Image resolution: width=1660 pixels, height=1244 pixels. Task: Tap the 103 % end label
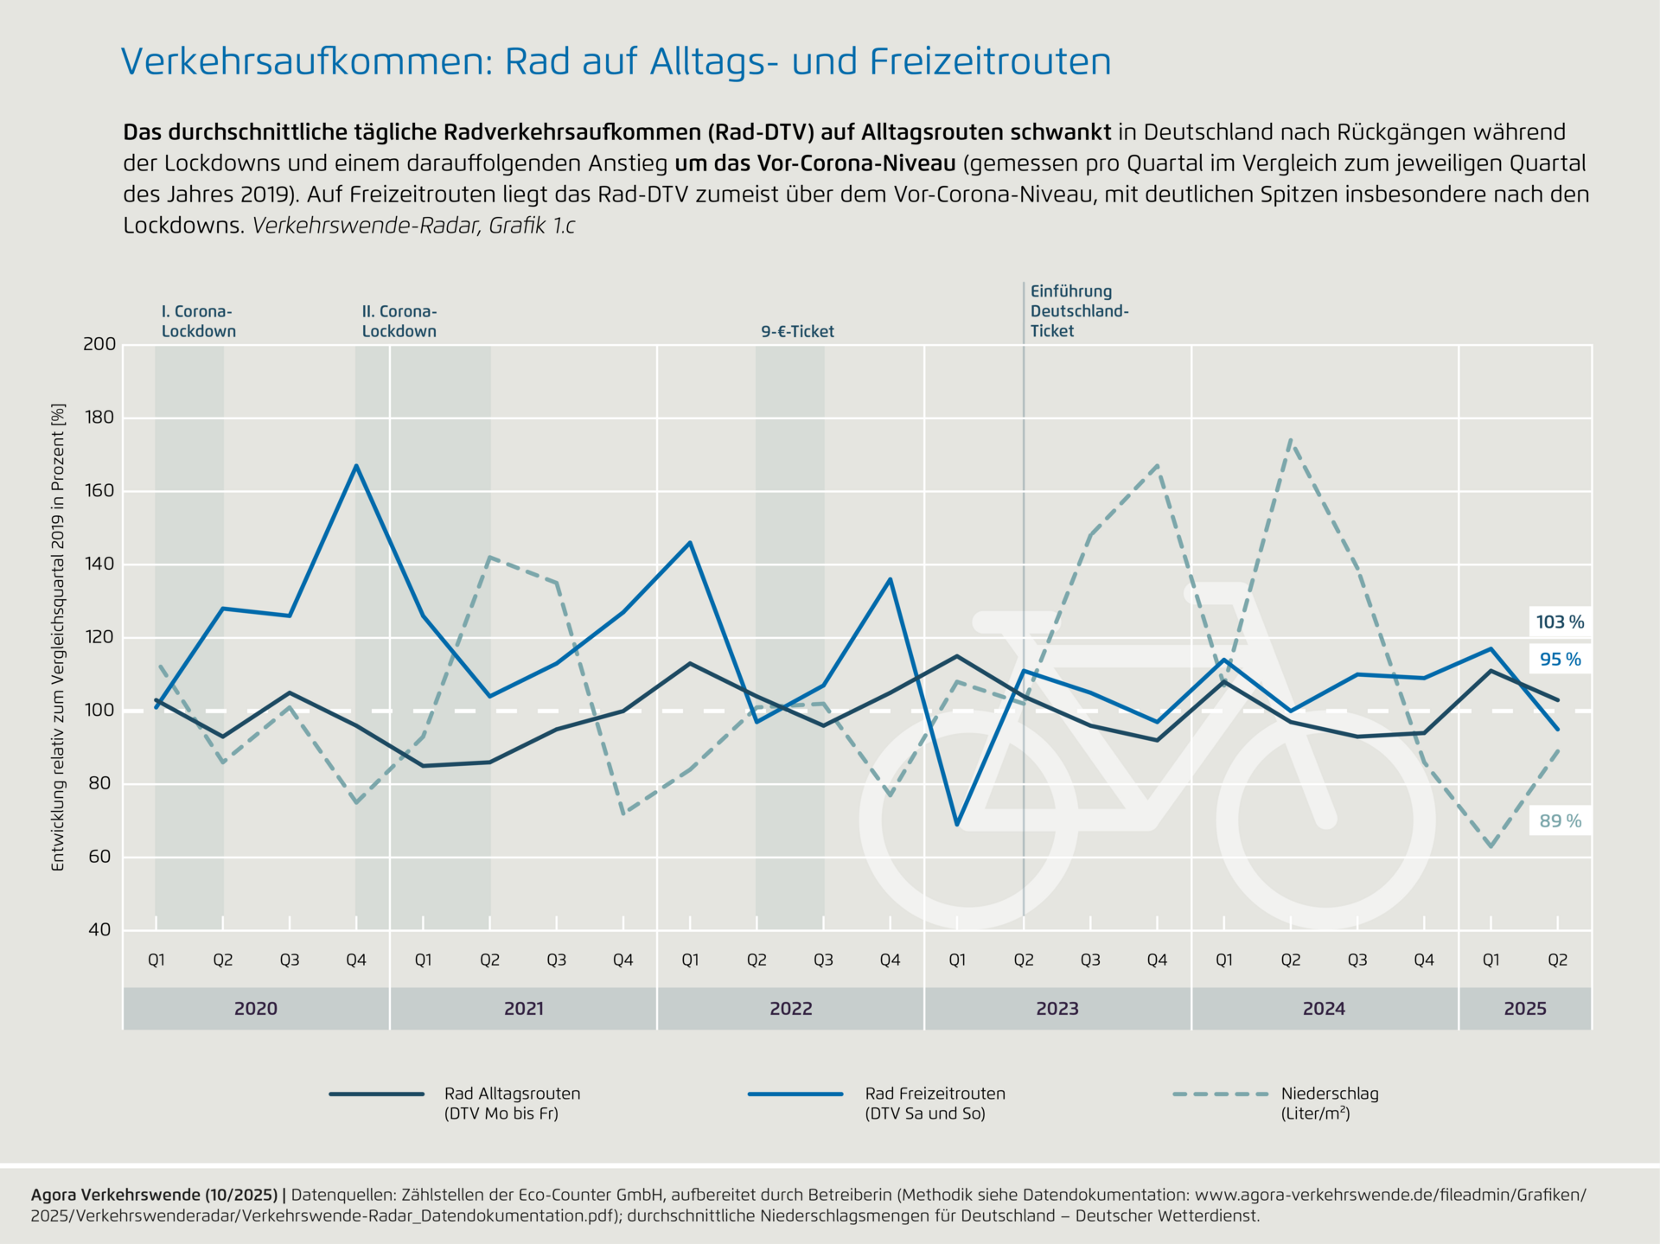pyautogui.click(x=1560, y=622)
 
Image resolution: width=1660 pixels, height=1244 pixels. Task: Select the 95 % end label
pyautogui.click(x=1560, y=660)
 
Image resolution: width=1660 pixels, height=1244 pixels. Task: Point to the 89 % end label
pyautogui.click(x=1560, y=821)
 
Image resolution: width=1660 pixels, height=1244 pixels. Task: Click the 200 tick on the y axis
pyautogui.click(x=99, y=344)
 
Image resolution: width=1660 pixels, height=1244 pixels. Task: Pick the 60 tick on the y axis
pyautogui.click(x=99, y=857)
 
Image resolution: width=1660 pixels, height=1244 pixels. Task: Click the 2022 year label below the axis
pyautogui.click(x=790, y=1009)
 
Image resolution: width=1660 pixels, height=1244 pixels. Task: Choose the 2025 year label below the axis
pyautogui.click(x=1525, y=1009)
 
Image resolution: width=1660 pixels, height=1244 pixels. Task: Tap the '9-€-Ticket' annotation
pyautogui.click(x=797, y=332)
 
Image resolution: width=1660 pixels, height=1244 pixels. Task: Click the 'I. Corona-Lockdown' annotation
pyautogui.click(x=199, y=322)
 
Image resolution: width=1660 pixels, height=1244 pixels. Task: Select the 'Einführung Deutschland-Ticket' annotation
pyautogui.click(x=1079, y=311)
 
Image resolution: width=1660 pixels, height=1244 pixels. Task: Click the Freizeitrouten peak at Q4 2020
pyautogui.click(x=356, y=466)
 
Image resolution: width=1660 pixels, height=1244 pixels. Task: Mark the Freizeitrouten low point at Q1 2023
pyautogui.click(x=957, y=825)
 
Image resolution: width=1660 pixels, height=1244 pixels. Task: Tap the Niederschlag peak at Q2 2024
pyautogui.click(x=1291, y=440)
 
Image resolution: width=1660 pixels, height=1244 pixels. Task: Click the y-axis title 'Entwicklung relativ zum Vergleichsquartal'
pyautogui.click(x=59, y=637)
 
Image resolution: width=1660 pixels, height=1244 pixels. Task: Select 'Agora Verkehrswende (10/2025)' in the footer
pyautogui.click(x=154, y=1196)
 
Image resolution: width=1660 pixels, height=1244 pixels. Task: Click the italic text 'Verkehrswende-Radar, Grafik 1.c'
pyautogui.click(x=413, y=226)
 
